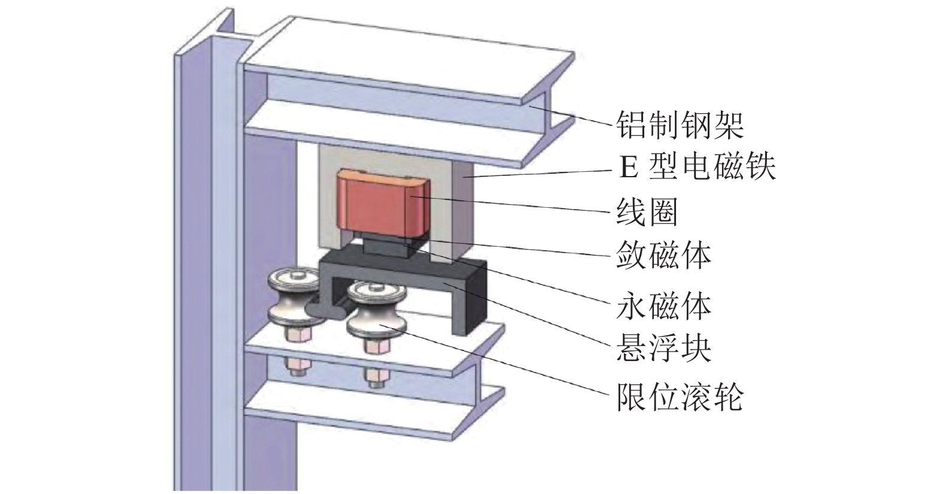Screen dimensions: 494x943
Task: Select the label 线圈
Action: click(647, 213)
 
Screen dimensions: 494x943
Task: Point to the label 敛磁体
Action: click(663, 256)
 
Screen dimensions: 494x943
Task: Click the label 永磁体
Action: click(663, 307)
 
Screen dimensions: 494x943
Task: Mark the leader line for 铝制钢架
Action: click(575, 117)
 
